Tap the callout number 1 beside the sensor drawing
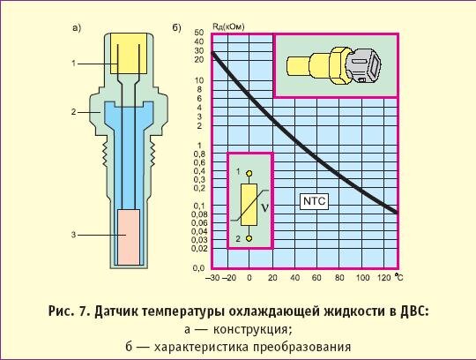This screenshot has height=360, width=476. [x=77, y=64]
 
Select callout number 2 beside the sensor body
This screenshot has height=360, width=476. [x=77, y=113]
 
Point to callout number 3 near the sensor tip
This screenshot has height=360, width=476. [x=77, y=236]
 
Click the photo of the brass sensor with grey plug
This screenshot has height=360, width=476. [x=337, y=64]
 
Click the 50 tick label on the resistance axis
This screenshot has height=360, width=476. [x=200, y=33]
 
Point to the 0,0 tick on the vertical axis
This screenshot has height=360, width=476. [x=198, y=267]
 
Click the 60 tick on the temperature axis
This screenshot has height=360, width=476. [x=313, y=279]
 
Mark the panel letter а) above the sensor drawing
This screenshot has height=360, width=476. [x=77, y=27]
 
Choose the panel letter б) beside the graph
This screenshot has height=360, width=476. [x=177, y=27]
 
